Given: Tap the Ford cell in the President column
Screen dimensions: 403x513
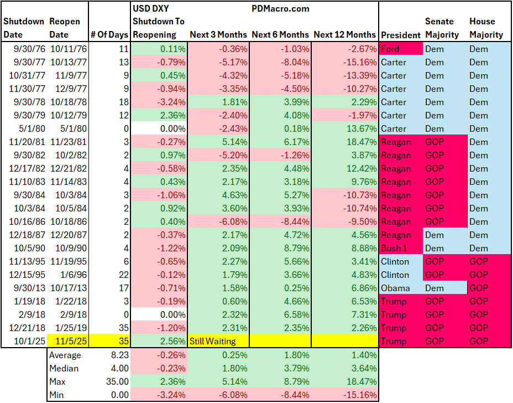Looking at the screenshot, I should pos(390,49).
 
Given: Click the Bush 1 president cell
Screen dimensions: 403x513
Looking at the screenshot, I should pos(396,248).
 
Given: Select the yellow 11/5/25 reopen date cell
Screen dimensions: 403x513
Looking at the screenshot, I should pos(69,342).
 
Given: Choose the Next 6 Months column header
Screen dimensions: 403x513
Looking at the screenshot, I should pos(280,34).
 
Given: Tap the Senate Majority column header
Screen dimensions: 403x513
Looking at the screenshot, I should pos(442,28).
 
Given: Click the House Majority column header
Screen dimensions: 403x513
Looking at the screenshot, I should pos(486,28).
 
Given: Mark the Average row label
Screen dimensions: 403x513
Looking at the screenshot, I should pos(65,355).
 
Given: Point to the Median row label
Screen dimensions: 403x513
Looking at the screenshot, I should pos(64,369).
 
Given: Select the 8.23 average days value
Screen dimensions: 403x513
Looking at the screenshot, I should pos(119,355).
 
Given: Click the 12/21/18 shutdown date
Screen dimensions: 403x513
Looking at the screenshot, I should pos(27,328).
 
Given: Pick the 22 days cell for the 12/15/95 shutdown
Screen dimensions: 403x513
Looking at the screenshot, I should pos(123,275).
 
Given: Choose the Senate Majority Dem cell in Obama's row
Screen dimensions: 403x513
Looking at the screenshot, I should pos(435,288).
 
